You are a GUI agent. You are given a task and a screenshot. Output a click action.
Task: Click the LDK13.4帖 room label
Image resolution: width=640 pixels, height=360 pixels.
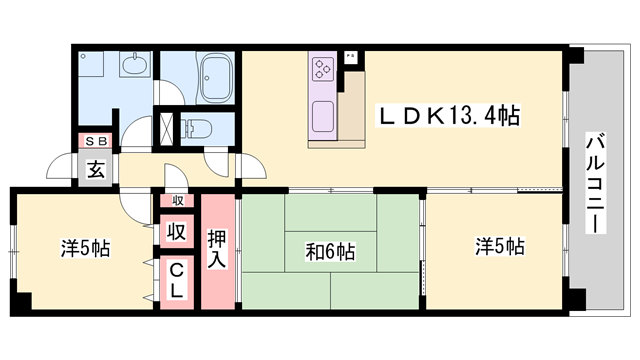point(447,116)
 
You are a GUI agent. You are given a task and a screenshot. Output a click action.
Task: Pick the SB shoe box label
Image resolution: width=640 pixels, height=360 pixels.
point(96,141)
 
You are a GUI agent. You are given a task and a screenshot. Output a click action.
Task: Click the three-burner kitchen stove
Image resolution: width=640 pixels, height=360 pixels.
point(323,68)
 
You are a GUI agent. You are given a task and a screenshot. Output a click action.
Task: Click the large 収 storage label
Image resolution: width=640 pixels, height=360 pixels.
point(176,232)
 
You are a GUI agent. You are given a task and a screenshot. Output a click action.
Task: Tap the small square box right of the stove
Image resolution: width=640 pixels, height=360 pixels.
point(349,57)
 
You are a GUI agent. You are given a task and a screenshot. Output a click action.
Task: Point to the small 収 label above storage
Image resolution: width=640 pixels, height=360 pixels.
point(177,201)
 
